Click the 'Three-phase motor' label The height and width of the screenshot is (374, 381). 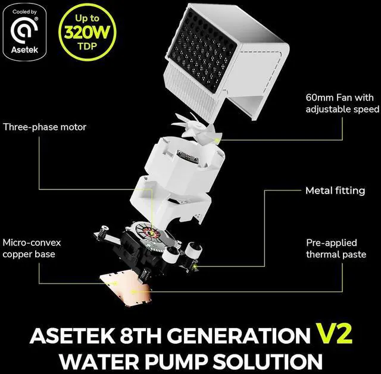pos(45,127)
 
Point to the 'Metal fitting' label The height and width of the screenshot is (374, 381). pos(335,191)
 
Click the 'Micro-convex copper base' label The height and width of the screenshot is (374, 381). pos(32,249)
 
